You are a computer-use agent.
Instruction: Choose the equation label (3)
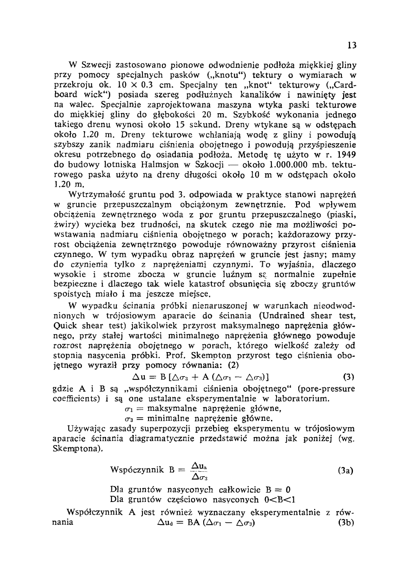(347, 376)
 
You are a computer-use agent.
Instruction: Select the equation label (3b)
(346, 523)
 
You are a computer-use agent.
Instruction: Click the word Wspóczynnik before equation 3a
(137, 470)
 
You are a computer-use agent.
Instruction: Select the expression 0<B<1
(280, 500)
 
